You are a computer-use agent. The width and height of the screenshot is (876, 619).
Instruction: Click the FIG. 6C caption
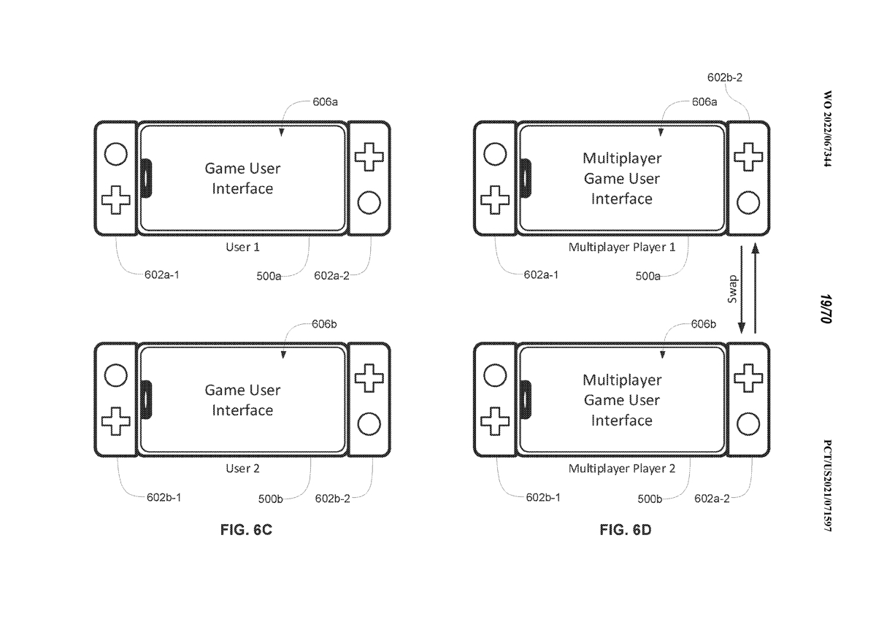coord(246,530)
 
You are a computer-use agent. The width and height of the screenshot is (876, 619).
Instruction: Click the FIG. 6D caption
coord(625,530)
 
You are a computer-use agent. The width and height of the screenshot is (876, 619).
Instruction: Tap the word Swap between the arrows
coord(732,288)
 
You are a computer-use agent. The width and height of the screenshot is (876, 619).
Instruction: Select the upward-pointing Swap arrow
coord(756,289)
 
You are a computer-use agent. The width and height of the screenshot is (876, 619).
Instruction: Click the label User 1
coord(242,247)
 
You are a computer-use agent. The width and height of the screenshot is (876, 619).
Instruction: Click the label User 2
coord(242,469)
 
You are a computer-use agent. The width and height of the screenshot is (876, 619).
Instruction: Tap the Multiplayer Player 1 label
coord(622,247)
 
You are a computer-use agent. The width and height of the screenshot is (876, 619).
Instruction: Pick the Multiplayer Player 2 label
coord(622,469)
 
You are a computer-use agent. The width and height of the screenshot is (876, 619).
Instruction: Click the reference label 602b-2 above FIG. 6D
coord(726,77)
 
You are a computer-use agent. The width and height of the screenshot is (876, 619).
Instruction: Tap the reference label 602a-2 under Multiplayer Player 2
coord(712,499)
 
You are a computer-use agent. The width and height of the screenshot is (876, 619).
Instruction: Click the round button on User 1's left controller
coord(115,154)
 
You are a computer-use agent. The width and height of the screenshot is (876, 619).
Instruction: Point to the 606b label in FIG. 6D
coord(703,323)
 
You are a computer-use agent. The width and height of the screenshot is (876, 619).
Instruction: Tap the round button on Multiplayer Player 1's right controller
coord(748,201)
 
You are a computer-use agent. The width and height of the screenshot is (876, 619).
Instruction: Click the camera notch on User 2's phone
coord(146,399)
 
